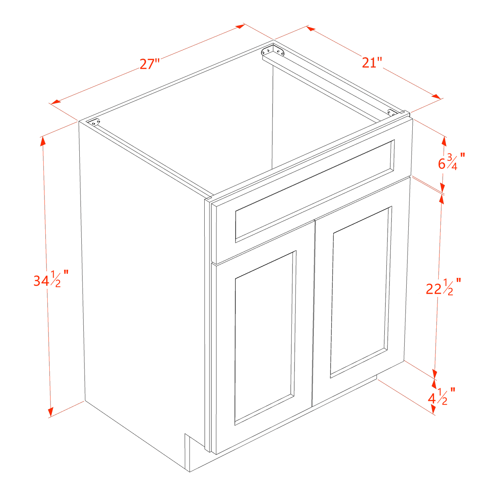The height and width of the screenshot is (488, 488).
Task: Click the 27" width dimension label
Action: [x=150, y=64]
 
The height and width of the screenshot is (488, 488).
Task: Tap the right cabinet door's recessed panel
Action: [x=360, y=292]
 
